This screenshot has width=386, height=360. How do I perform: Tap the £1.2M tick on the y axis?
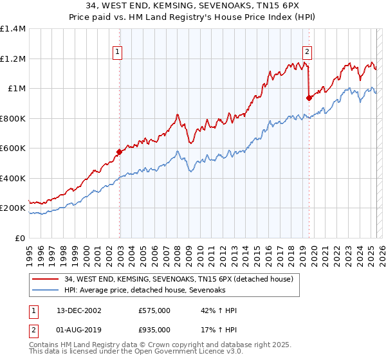13,59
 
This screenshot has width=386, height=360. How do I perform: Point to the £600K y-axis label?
12,148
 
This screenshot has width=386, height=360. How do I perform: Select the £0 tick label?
19,238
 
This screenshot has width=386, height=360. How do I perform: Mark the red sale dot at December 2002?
119,152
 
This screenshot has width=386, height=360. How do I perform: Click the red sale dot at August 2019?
309,98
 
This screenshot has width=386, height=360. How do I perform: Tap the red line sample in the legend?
46,279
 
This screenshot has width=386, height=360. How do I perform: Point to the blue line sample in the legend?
46,290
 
